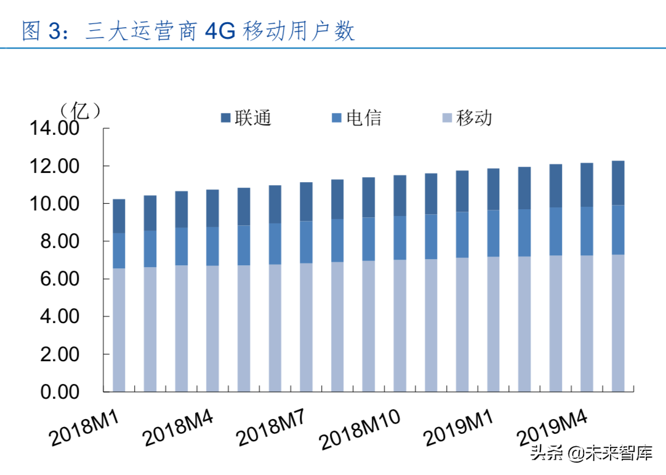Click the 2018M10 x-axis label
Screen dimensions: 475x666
pos(360,428)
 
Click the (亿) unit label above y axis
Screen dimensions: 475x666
pos(80,111)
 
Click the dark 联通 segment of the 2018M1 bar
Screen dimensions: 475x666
pos(119,216)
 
